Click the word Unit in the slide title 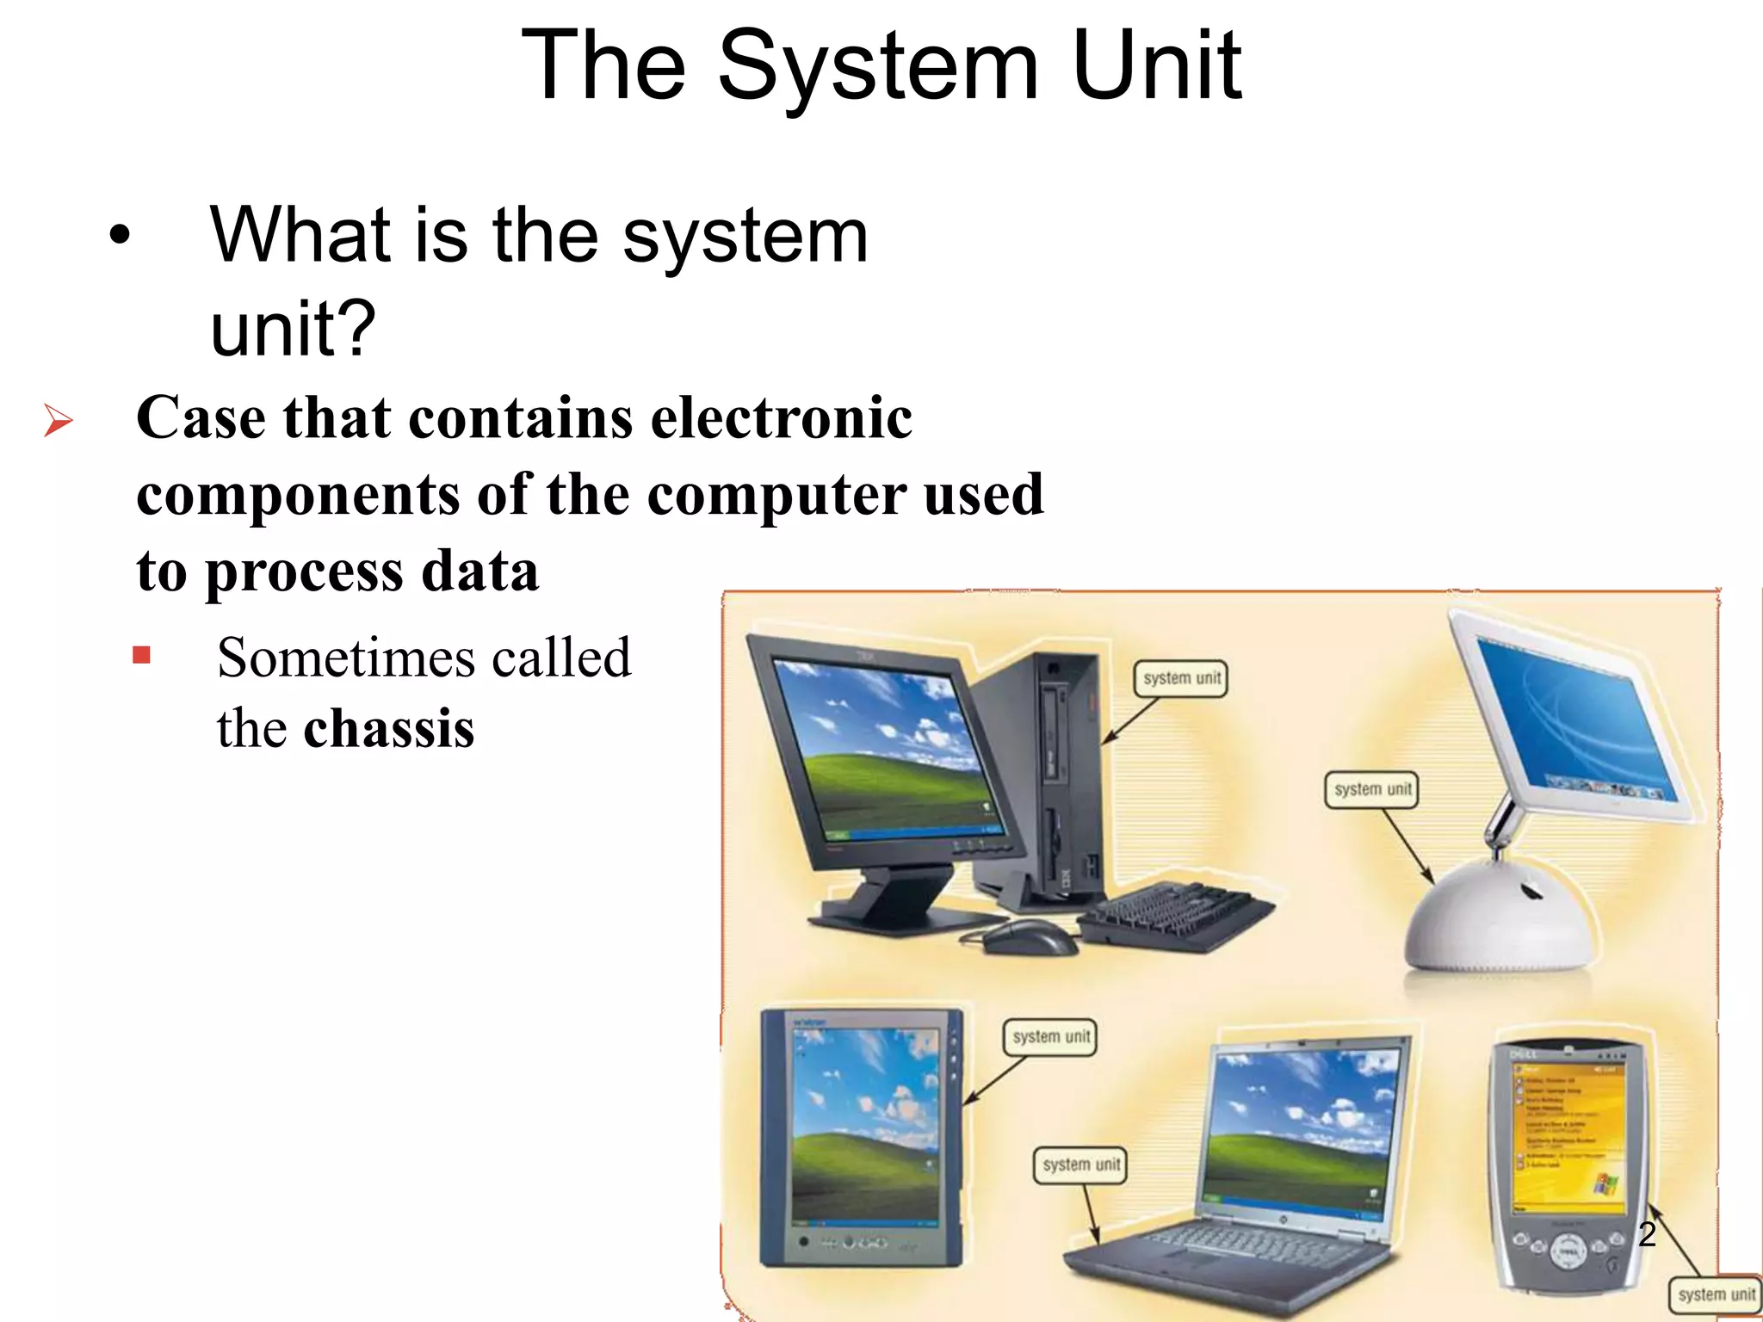tap(1156, 65)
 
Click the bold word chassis tap(388, 729)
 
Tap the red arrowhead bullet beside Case tap(58, 421)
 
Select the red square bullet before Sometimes tap(142, 657)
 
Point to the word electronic tap(781, 418)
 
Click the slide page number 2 tap(1647, 1234)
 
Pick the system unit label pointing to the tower tap(1182, 678)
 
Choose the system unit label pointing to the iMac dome tap(1372, 789)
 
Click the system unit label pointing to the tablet tap(1050, 1037)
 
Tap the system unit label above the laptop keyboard tap(1080, 1165)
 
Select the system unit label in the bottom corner tap(1716, 1294)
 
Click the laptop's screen tap(1300, 1127)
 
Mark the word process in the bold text tap(304, 571)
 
